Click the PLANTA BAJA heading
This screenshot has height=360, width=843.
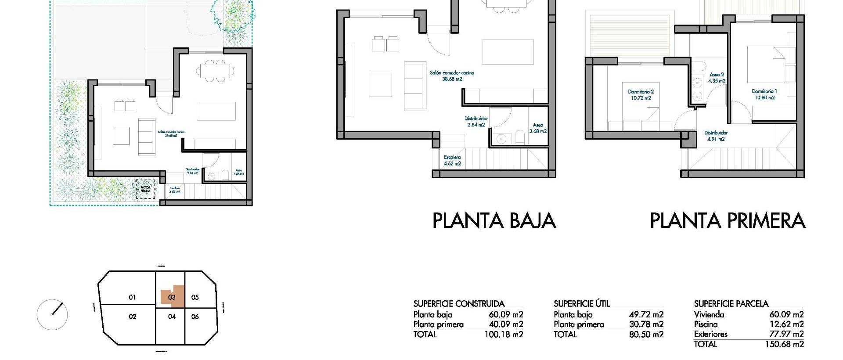tap(494, 220)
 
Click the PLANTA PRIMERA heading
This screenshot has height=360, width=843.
tap(727, 220)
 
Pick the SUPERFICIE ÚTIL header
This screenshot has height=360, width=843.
tap(581, 304)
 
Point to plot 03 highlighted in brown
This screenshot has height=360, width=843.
tap(171, 297)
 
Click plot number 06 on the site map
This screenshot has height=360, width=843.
tap(195, 317)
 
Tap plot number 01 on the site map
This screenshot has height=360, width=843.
tap(132, 297)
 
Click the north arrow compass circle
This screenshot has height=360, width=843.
tap(52, 314)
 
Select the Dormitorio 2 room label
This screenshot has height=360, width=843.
tap(641, 95)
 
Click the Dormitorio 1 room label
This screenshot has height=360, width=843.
tap(764, 94)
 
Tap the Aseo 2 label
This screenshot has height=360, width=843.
tap(716, 78)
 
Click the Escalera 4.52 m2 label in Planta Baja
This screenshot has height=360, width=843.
tap(452, 160)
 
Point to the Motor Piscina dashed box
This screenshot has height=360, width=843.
tap(145, 189)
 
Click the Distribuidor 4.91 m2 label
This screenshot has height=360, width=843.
tap(716, 136)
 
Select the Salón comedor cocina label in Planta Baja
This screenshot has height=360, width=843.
tap(452, 76)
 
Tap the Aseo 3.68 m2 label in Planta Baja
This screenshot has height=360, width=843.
tap(537, 128)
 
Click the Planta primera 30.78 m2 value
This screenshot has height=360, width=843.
tap(646, 324)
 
